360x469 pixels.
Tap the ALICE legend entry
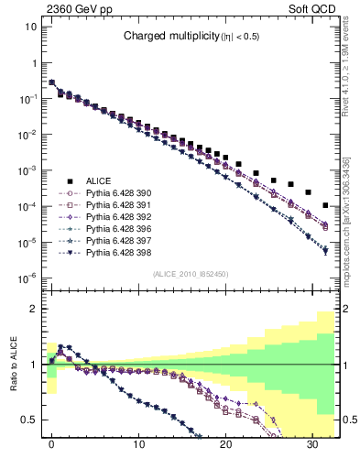(99, 181)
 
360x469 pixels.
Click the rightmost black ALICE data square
(326, 205)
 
